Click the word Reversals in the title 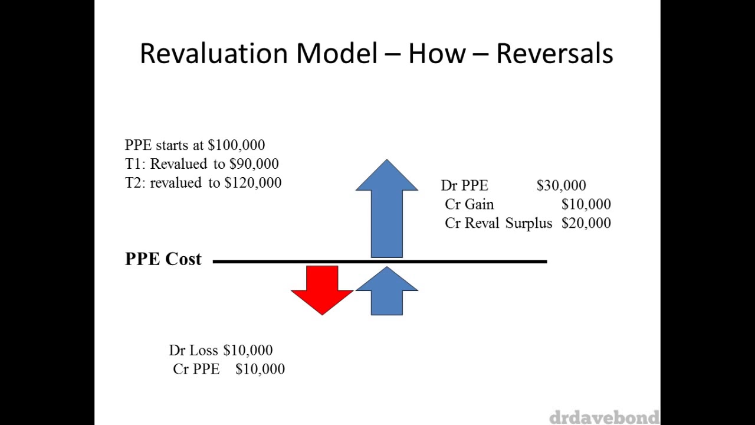(x=554, y=54)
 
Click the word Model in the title (x=336, y=54)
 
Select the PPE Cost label (x=163, y=259)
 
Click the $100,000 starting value (x=236, y=145)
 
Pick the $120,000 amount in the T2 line (x=252, y=183)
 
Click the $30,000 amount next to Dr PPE (x=561, y=186)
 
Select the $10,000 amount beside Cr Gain (x=586, y=205)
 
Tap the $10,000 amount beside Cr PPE (x=260, y=370)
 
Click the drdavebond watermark (x=603, y=417)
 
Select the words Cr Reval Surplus (x=498, y=224)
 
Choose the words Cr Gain (x=469, y=205)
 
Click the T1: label (x=135, y=164)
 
